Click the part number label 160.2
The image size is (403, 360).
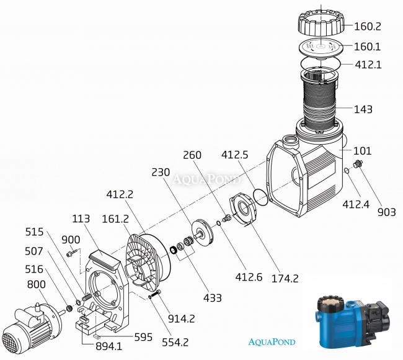pos(368,26)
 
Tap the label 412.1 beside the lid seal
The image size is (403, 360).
pos(368,65)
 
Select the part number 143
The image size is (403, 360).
pos(363,109)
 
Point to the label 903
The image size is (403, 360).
pos(386,212)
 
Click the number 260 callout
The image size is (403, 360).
pos(192,155)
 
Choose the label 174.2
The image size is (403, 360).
pos(285,279)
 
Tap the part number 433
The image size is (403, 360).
pos(213,298)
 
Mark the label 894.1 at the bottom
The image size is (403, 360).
pos(109,346)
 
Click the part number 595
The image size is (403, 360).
pos(143,337)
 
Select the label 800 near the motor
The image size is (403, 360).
pos(36,284)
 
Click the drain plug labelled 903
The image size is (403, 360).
pos(358,164)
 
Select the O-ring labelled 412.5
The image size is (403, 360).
pos(260,197)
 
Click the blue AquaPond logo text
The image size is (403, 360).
pos(272,342)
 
